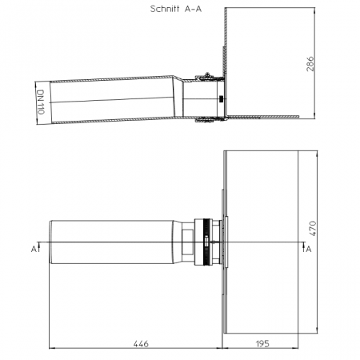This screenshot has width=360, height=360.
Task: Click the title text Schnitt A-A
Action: [176, 9]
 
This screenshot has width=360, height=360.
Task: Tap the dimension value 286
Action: [310, 64]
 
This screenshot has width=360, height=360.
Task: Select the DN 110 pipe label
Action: [41, 102]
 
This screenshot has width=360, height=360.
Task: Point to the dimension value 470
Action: [312, 228]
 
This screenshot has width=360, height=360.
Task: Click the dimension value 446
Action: [141, 344]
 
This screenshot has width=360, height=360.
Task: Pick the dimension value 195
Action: [262, 344]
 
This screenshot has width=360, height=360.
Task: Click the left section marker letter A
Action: [34, 249]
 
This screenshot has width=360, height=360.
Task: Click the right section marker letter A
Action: [309, 249]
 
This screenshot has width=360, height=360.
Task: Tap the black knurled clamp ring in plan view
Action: [206, 242]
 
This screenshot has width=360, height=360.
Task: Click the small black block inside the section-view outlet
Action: [221, 99]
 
